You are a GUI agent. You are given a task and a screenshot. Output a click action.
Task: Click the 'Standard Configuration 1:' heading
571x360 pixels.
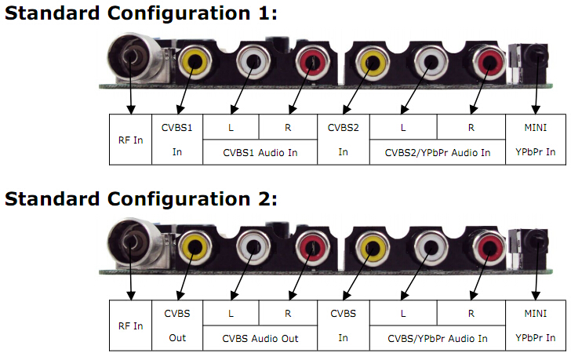pyautogui.click(x=140, y=13)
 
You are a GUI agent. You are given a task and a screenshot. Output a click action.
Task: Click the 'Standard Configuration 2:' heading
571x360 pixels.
pyautogui.click(x=140, y=199)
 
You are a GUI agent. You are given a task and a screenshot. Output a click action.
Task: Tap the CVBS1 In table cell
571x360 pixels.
pyautogui.click(x=177, y=140)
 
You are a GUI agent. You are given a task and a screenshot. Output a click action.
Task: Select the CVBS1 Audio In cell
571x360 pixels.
pyautogui.click(x=260, y=152)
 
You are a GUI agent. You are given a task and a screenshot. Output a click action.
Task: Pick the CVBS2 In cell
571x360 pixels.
pyautogui.click(x=344, y=140)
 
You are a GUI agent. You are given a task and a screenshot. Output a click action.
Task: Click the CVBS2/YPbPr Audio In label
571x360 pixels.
pyautogui.click(x=438, y=152)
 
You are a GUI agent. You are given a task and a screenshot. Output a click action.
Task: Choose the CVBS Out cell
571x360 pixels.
pyautogui.click(x=177, y=325)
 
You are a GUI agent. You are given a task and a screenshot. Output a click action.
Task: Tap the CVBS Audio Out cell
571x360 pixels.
pyautogui.click(x=260, y=338)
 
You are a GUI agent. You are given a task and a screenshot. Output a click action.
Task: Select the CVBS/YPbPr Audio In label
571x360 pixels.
pyautogui.click(x=438, y=339)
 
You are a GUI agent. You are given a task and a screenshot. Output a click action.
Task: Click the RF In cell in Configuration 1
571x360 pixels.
pyautogui.click(x=130, y=140)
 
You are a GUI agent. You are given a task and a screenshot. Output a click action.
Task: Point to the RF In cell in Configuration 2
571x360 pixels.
pyautogui.click(x=130, y=325)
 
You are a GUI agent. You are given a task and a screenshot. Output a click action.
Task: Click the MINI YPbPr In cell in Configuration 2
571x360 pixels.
pyautogui.click(x=535, y=325)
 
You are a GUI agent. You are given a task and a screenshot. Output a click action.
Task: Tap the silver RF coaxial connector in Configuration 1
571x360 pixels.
pyautogui.click(x=135, y=58)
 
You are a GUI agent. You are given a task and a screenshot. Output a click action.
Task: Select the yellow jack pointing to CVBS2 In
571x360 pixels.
pyautogui.click(x=372, y=62)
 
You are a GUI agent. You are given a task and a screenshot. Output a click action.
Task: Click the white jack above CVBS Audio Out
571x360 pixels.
pyautogui.click(x=253, y=247)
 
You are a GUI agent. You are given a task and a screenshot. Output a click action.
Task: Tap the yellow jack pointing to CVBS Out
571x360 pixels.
pyautogui.click(x=195, y=247)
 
